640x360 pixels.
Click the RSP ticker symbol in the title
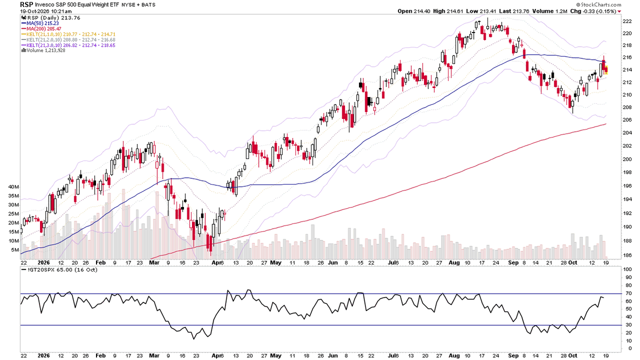pyautogui.click(x=27, y=4)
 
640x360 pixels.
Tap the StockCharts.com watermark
pyautogui.click(x=599, y=5)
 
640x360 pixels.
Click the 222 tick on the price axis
pyautogui.click(x=627, y=21)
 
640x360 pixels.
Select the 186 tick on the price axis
pyautogui.click(x=627, y=255)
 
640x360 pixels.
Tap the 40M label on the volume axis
pyautogui.click(x=14, y=187)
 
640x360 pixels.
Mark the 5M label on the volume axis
pyautogui.click(x=15, y=250)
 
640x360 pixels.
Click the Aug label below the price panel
pyautogui.click(x=454, y=262)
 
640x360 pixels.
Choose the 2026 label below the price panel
pyautogui.click(x=44, y=262)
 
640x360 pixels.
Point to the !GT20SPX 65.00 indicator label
pyautogui.click(x=59, y=270)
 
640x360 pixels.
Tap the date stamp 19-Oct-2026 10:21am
pyautogui.click(x=46, y=11)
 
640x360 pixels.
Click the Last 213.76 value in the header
pyautogui.click(x=514, y=11)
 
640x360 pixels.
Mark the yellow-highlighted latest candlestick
pyautogui.click(x=606, y=69)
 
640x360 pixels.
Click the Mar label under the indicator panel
pyautogui.click(x=154, y=356)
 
